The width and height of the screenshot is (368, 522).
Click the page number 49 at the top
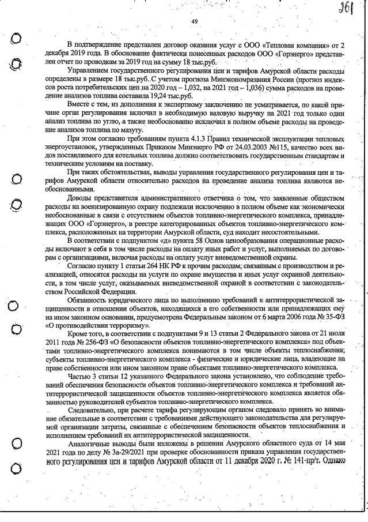click(x=194, y=21)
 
